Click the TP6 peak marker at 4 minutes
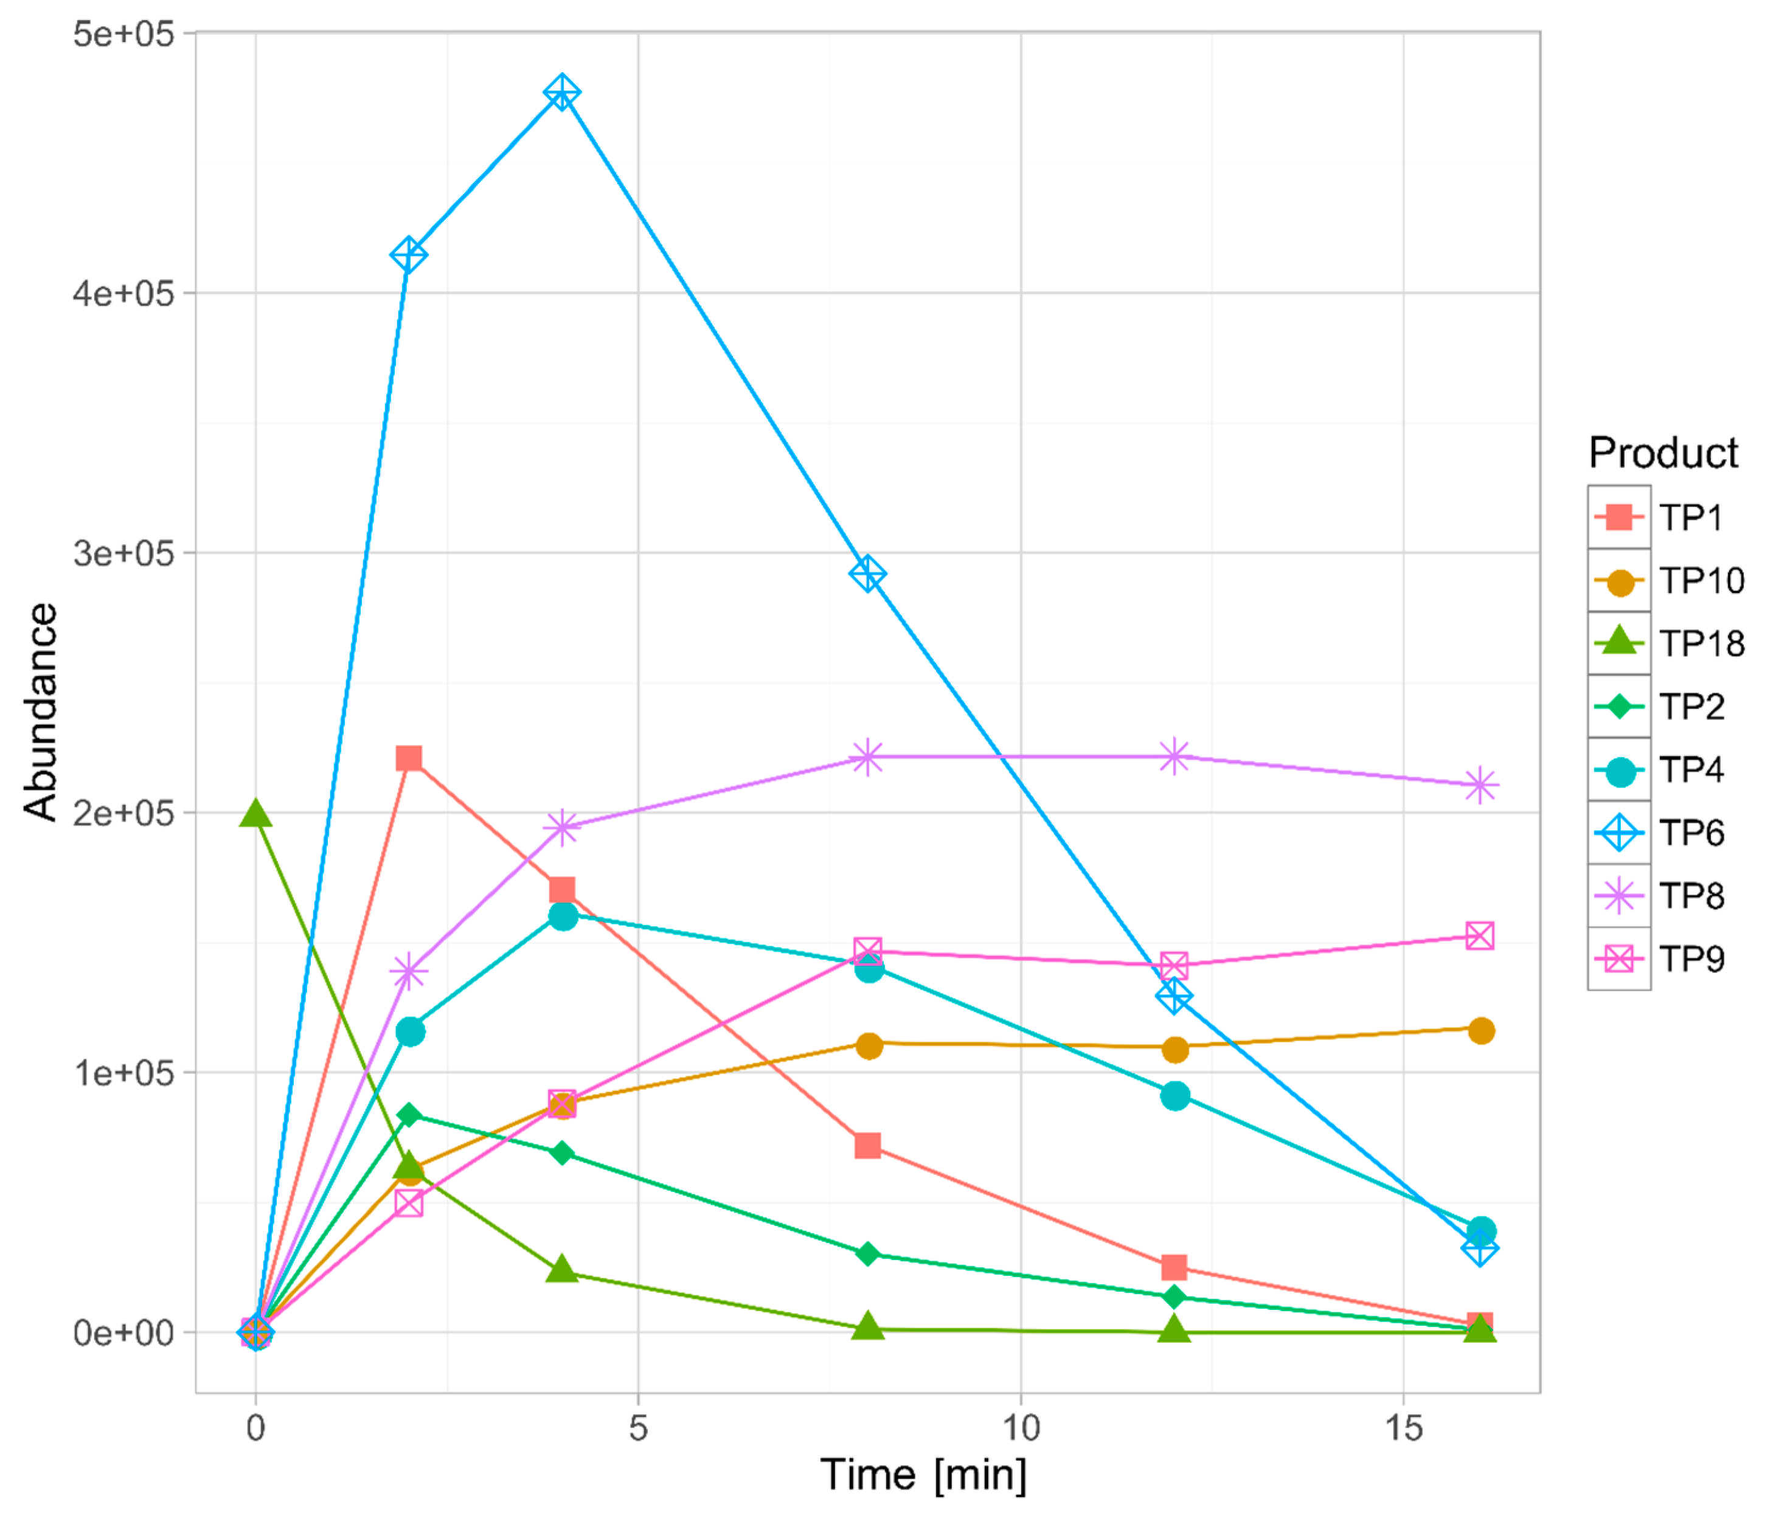[x=561, y=92]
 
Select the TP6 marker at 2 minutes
[x=408, y=255]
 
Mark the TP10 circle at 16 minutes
[x=1481, y=1031]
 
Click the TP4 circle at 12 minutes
[x=1175, y=1096]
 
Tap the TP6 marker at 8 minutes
[x=868, y=574]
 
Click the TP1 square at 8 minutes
[x=868, y=1145]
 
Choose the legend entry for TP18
[x=1668, y=643]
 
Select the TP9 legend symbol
[x=1619, y=959]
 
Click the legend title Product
[x=1663, y=452]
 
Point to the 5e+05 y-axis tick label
[x=123, y=34]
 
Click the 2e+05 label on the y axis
[x=123, y=812]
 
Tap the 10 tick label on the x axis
[x=1020, y=1428]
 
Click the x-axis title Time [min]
[x=923, y=1475]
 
